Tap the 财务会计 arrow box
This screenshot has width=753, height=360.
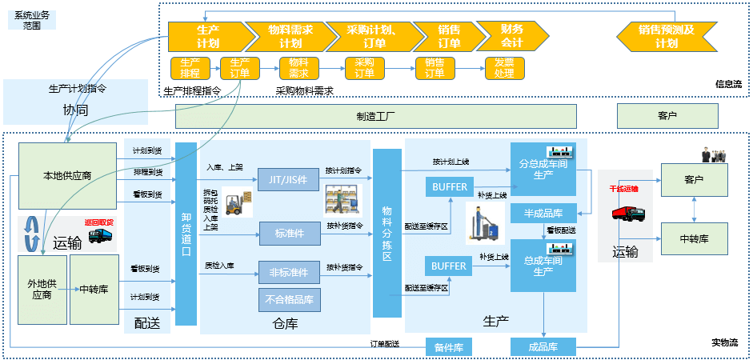pos(511,36)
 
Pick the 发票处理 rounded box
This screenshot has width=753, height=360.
pos(504,68)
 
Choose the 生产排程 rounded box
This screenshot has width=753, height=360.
pos(190,68)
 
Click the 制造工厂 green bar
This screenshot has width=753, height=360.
pos(375,116)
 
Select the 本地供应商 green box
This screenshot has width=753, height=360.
pos(67,176)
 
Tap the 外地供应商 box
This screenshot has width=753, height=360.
pos(42,289)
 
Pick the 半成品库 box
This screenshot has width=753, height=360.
pos(543,213)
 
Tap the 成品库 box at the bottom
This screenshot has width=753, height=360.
pos(543,346)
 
